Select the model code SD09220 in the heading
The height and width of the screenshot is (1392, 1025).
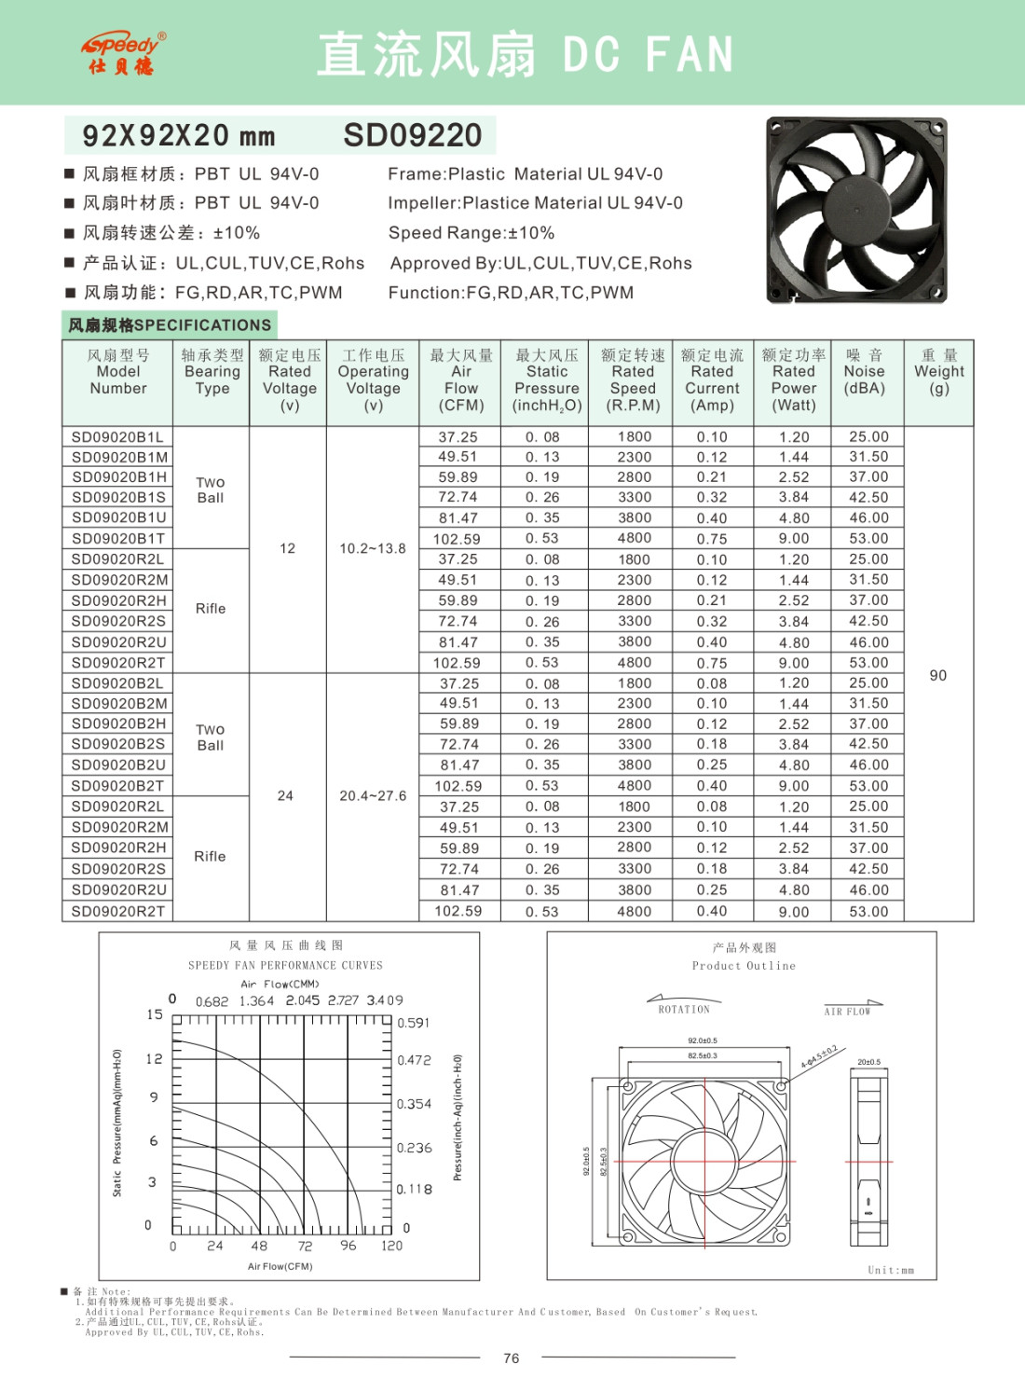(x=413, y=135)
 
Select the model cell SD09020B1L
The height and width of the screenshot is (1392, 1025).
(x=117, y=436)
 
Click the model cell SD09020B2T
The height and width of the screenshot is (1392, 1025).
(x=117, y=786)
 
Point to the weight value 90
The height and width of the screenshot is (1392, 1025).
(x=937, y=675)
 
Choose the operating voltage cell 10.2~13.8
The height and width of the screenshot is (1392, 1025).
(x=373, y=549)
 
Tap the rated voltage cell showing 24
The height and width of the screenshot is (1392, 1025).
(x=285, y=795)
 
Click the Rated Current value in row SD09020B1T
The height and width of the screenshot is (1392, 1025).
(x=712, y=538)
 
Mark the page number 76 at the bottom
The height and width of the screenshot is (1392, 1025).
(x=512, y=1358)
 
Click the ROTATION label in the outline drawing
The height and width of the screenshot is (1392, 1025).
(x=684, y=1010)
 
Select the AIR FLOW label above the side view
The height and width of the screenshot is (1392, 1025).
(x=847, y=1012)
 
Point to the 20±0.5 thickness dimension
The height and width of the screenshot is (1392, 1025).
(x=868, y=1062)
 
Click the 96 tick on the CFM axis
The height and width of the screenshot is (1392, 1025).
(x=348, y=1246)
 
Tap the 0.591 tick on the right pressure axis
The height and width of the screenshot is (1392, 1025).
(x=414, y=1023)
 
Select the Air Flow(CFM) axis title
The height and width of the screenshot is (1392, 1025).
(x=280, y=1266)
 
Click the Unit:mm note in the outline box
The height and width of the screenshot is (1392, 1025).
(x=891, y=1270)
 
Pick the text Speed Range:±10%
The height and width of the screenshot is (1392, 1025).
(x=471, y=233)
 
